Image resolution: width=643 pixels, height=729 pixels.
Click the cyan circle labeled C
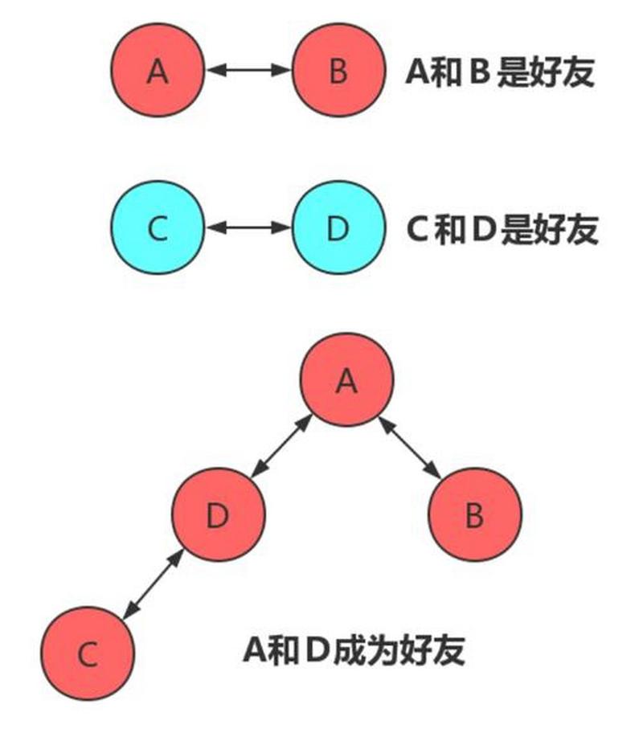(158, 228)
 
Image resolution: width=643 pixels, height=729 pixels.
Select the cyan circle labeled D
(338, 228)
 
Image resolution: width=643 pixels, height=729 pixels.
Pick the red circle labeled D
(218, 515)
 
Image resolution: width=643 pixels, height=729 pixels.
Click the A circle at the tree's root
(346, 381)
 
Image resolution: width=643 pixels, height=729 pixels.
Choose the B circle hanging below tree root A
(475, 515)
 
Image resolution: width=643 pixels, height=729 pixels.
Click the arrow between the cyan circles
(248, 228)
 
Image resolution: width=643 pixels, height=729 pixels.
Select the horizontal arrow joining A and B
(248, 71)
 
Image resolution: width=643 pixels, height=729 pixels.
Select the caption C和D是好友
(503, 230)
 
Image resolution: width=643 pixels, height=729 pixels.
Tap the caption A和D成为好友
(354, 649)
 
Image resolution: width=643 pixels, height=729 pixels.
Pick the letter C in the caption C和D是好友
(418, 231)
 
